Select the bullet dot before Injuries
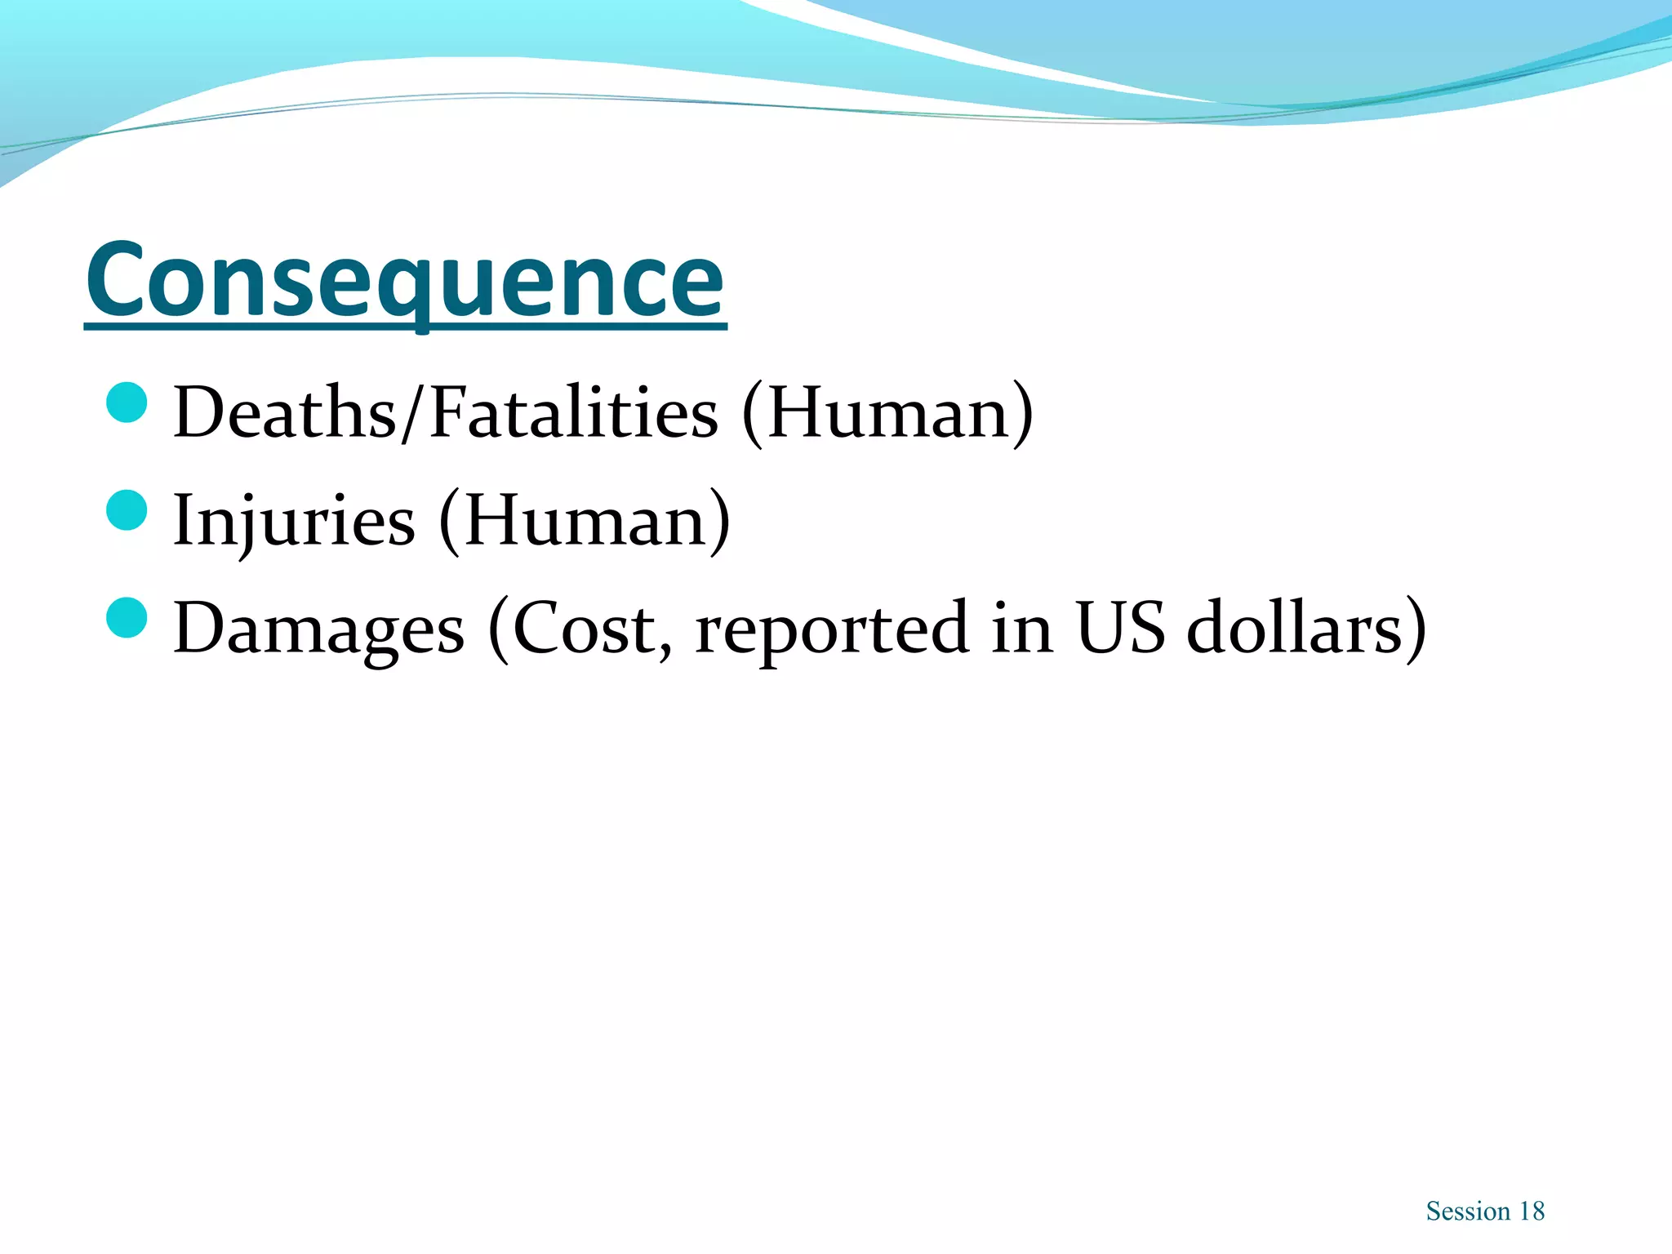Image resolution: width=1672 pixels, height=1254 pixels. click(x=127, y=510)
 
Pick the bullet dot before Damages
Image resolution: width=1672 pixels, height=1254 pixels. click(x=127, y=618)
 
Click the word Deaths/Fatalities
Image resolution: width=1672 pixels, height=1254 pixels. click(x=446, y=413)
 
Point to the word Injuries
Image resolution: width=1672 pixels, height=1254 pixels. click(x=294, y=521)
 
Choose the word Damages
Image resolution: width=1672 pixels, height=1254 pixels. click(x=318, y=629)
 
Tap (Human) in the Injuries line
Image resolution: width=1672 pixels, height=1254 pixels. click(x=585, y=521)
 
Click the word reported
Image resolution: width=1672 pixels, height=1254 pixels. click(x=832, y=629)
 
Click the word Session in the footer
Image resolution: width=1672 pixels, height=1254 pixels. click(x=1468, y=1212)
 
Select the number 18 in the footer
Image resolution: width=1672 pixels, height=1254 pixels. click(x=1532, y=1212)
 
